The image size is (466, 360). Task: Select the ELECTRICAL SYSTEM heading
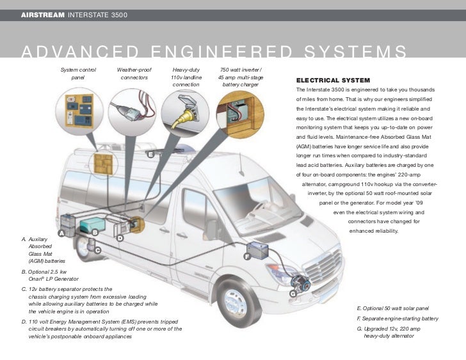tap(332, 80)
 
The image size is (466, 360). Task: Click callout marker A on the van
tap(61, 233)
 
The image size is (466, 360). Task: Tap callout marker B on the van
tap(94, 231)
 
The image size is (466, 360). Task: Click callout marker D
tap(119, 239)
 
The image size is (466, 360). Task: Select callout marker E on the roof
tap(150, 155)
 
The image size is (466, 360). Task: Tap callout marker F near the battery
tap(246, 256)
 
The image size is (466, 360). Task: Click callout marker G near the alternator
tap(293, 293)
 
